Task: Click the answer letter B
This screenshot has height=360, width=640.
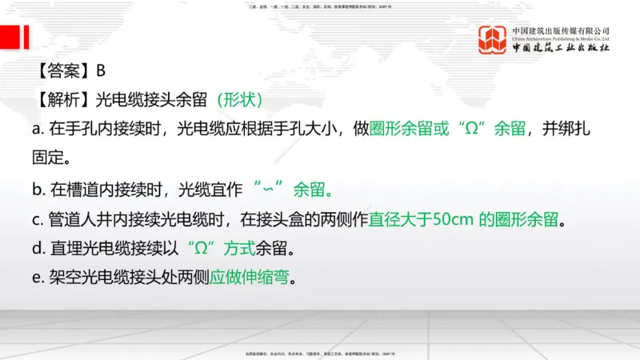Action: coord(101,70)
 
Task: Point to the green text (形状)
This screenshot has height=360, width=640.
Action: coord(239,100)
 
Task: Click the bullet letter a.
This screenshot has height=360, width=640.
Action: coord(37,128)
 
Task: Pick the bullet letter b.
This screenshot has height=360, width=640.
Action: coord(37,190)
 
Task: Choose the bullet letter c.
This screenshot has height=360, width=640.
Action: coord(37,219)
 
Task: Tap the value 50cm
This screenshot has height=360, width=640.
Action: coord(455,219)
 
